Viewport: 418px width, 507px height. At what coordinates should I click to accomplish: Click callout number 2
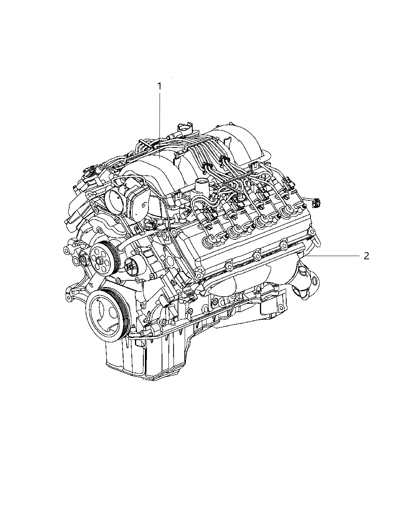[366, 256]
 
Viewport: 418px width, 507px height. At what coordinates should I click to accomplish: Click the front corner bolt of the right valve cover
[198, 274]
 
